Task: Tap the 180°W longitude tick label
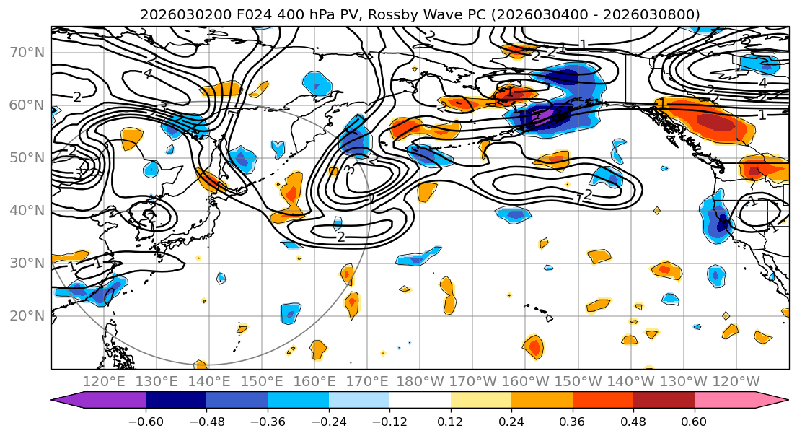[x=420, y=381]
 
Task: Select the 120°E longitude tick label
[x=105, y=381]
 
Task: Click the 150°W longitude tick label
[x=578, y=381]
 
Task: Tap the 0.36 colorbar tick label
[x=572, y=420]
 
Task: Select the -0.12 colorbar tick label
[x=389, y=420]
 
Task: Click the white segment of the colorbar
[x=420, y=401]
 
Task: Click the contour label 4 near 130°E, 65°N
[x=147, y=74]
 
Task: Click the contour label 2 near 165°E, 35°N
[x=340, y=237]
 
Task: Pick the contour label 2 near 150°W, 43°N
[x=587, y=195]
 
